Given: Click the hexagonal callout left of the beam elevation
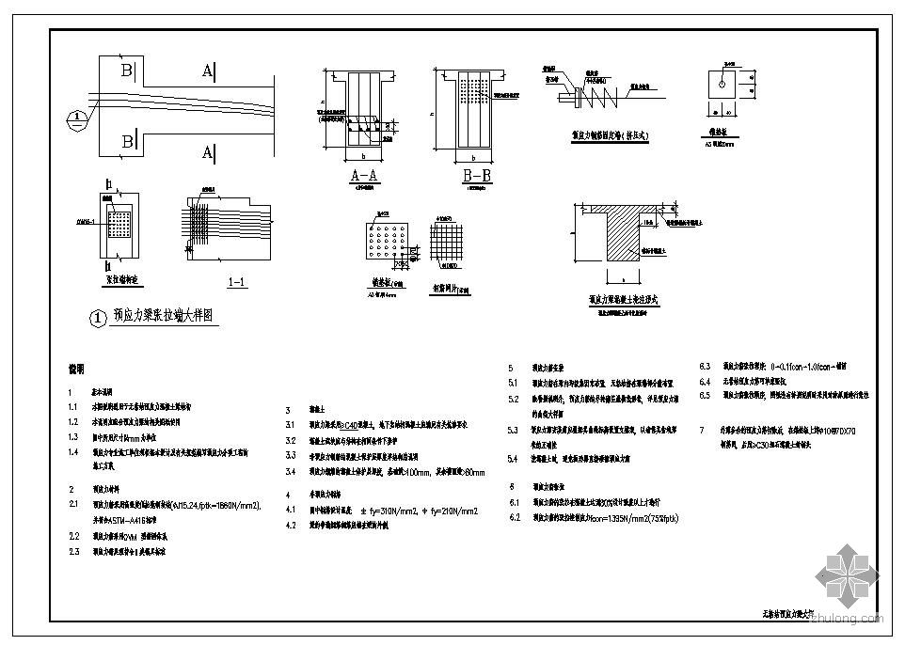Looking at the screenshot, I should [x=79, y=118].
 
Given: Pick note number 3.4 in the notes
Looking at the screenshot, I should [x=291, y=471].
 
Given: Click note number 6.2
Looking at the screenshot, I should [x=514, y=518].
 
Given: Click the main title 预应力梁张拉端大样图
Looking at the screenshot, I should [x=166, y=318].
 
